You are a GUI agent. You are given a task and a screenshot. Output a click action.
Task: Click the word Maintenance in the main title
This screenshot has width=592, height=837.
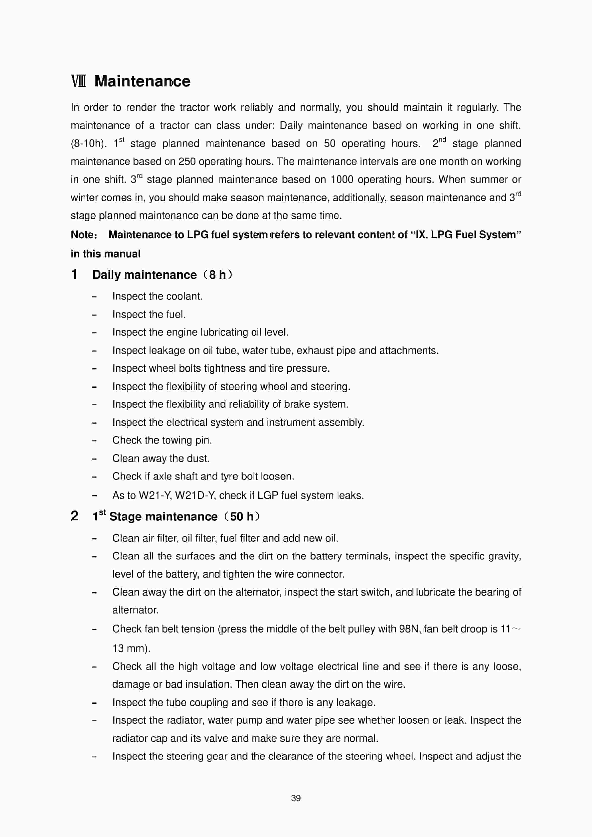[142, 81]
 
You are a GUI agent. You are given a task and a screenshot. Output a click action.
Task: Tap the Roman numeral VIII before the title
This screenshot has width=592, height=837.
[79, 81]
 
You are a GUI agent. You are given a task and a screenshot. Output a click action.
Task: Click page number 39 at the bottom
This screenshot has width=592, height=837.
[296, 798]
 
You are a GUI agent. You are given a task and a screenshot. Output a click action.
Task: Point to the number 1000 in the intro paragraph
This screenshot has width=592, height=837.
[342, 179]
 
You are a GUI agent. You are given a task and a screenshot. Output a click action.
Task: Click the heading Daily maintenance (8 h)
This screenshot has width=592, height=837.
[162, 275]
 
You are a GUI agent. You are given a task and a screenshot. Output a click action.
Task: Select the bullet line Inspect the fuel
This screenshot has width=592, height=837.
[149, 314]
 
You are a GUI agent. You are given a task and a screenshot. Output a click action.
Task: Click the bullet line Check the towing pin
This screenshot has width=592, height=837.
[162, 440]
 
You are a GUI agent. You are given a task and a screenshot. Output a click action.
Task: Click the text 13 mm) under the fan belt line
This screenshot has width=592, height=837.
[131, 648]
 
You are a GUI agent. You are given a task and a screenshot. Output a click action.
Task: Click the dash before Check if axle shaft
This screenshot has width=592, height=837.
[94, 477]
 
